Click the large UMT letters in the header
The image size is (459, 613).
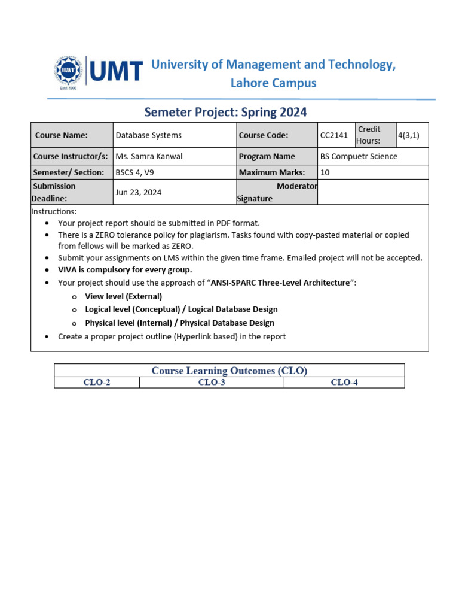[x=117, y=71]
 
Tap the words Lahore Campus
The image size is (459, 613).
[x=273, y=83]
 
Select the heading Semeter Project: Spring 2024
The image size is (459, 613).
[x=225, y=112]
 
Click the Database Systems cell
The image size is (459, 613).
[x=148, y=135]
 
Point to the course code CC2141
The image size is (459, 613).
[x=334, y=135]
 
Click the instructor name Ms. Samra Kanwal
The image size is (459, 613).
[x=149, y=156]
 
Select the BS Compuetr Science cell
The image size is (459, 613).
[x=359, y=156]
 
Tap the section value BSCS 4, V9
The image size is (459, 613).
[x=137, y=172]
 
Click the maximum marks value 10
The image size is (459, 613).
[x=325, y=172]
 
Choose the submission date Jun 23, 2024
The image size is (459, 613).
[x=138, y=192]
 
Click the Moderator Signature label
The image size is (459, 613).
[x=277, y=192]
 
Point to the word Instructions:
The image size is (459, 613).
[x=54, y=211]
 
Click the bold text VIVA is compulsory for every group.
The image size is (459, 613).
[x=125, y=269]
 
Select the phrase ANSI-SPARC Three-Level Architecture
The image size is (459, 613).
[x=280, y=283]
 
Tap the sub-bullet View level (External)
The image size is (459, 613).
[x=123, y=296]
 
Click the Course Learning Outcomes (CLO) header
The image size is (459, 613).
[x=229, y=371]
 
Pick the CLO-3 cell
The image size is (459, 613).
[x=212, y=383]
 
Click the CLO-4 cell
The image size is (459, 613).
[x=344, y=383]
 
